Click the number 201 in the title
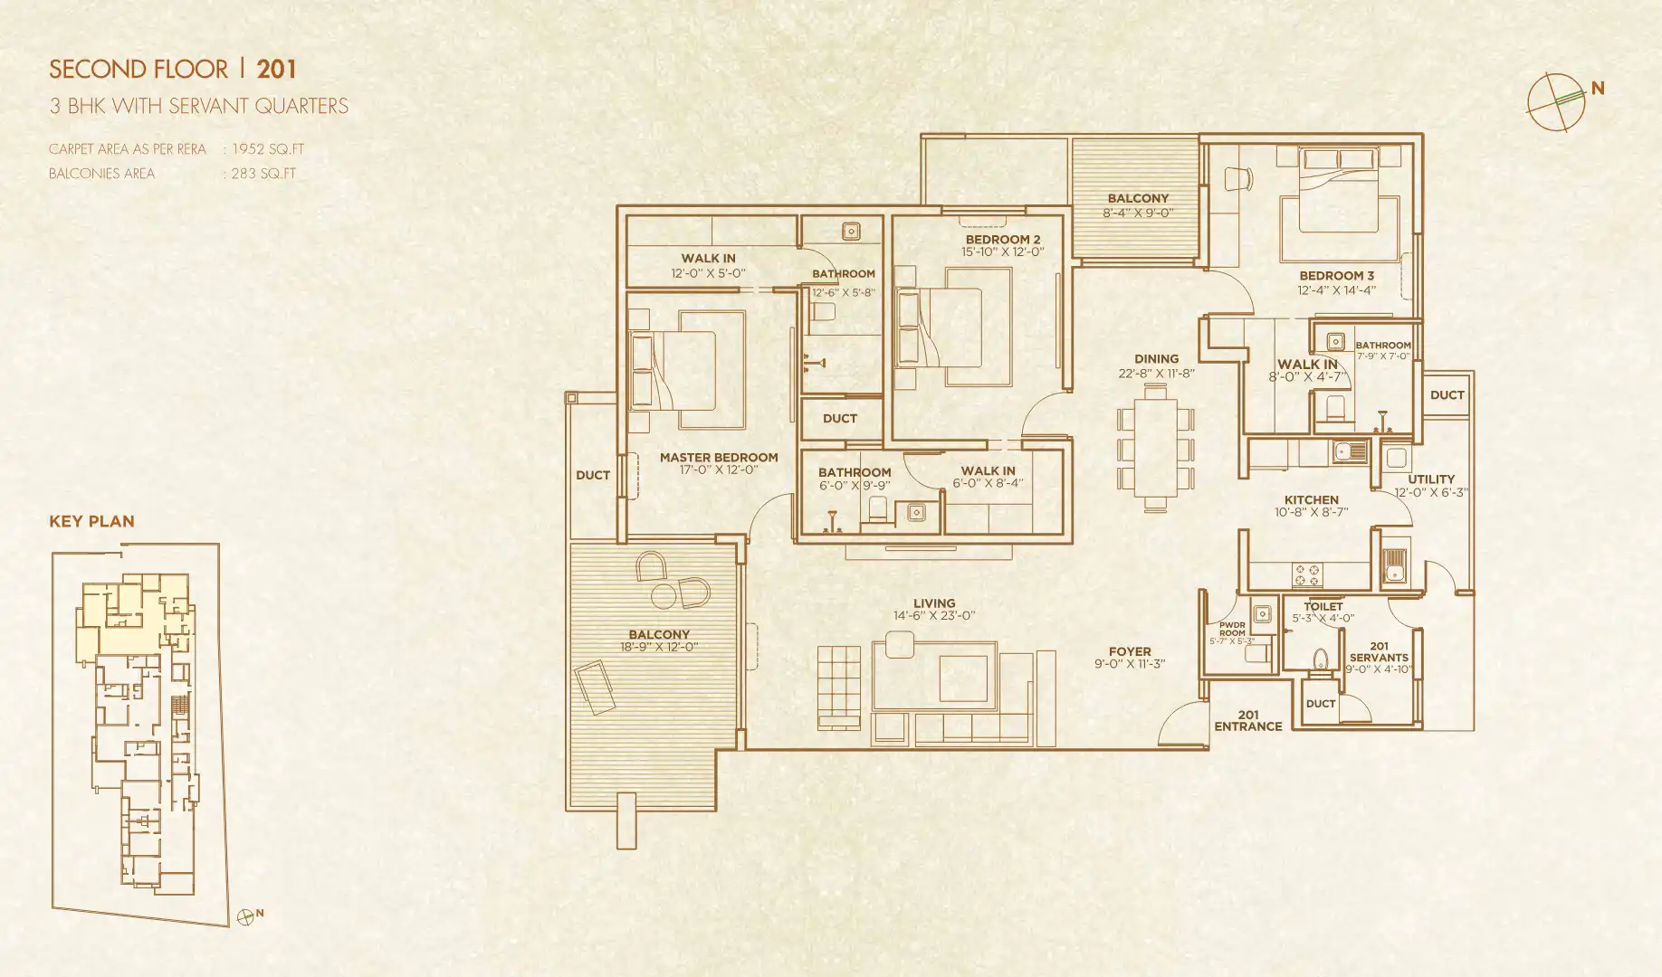click(276, 70)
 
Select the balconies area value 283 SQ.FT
click(263, 174)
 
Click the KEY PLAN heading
click(91, 521)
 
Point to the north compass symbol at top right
click(1557, 101)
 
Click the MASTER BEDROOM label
click(719, 458)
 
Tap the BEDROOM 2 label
click(1002, 240)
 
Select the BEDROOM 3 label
click(1336, 276)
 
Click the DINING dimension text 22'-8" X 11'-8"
click(1156, 374)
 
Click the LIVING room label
click(934, 603)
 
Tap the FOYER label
click(1130, 651)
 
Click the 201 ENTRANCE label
click(1247, 721)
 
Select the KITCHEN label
click(1311, 499)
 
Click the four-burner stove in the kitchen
click(1307, 574)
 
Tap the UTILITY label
click(1431, 479)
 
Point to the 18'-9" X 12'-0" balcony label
click(659, 647)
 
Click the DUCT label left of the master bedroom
click(593, 475)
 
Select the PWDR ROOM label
click(1231, 630)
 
